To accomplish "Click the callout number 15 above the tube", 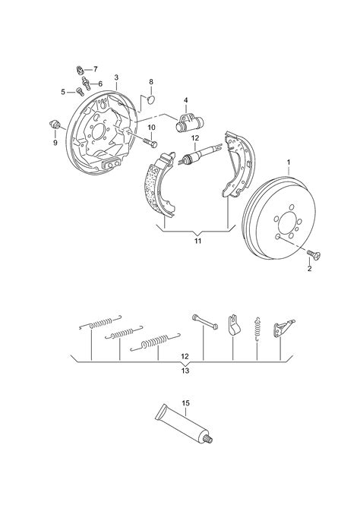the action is point(185,403).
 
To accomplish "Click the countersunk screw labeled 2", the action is point(314,254).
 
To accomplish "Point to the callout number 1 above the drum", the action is point(289,162).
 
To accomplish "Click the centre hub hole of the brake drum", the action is point(287,223).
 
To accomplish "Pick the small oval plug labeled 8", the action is point(150,99).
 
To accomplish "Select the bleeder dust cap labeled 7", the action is point(81,70).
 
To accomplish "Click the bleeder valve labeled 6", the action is point(86,83).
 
